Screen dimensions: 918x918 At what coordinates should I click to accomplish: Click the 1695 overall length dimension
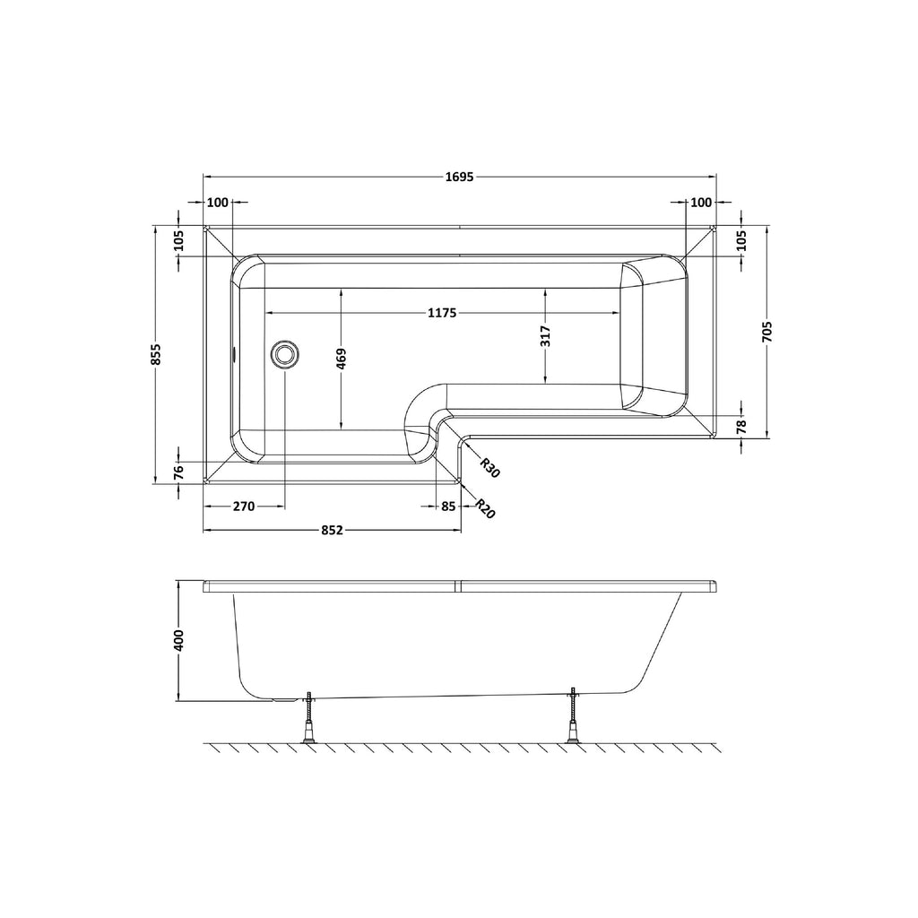[460, 177]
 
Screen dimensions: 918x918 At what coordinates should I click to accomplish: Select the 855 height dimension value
[156, 354]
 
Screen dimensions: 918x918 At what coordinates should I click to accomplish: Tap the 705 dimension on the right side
[768, 332]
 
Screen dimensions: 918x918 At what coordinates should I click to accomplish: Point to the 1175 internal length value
[442, 313]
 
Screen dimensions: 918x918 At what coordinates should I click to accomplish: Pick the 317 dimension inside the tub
[546, 337]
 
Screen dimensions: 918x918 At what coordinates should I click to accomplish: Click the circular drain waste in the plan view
[285, 354]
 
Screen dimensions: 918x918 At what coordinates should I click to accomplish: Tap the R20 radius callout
[485, 508]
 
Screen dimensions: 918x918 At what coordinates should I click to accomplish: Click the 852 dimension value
[332, 531]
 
